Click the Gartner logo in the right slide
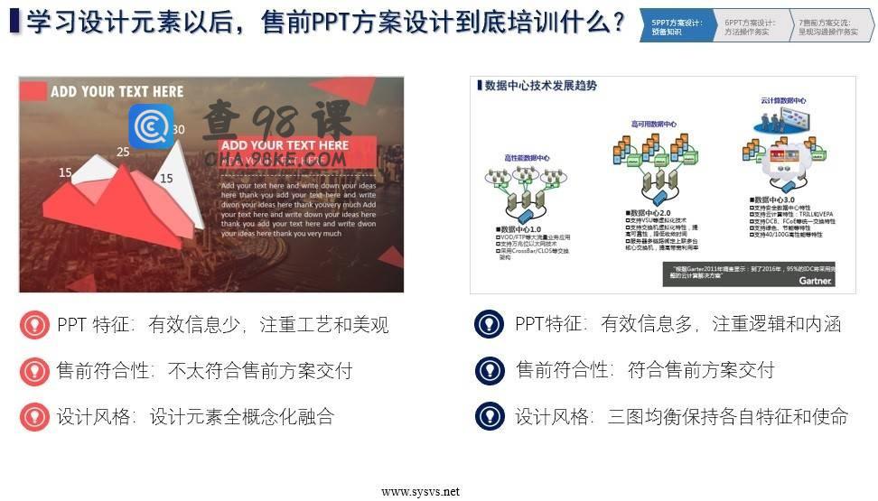(815, 280)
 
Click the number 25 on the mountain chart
(123, 152)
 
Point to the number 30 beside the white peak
(178, 129)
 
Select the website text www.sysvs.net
(420, 492)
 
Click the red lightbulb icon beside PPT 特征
(34, 325)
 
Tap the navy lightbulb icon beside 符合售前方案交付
(489, 370)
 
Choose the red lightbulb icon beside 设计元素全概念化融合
(34, 416)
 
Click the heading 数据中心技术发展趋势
(540, 86)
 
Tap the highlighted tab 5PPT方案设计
(677, 27)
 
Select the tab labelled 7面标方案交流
(829, 27)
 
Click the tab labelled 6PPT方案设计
(752, 27)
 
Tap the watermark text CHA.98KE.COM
(276, 160)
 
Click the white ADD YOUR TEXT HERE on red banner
(285, 145)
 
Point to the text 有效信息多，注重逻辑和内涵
(720, 324)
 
